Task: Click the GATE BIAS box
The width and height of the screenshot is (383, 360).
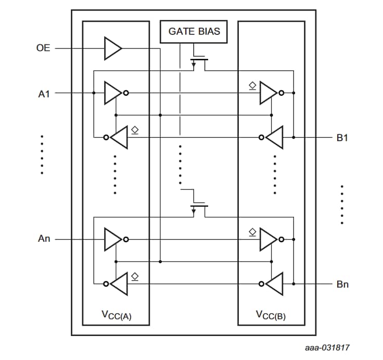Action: click(x=194, y=31)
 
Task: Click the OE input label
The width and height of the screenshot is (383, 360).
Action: click(x=43, y=48)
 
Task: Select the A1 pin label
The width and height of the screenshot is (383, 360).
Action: click(x=44, y=94)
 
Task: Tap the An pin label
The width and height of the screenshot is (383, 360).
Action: click(x=44, y=240)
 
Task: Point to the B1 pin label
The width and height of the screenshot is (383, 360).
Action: click(x=342, y=138)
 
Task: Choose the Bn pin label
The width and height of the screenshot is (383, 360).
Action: click(x=342, y=284)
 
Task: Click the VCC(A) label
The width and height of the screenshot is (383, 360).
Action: click(x=116, y=315)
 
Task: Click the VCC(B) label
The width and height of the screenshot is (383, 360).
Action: click(x=271, y=315)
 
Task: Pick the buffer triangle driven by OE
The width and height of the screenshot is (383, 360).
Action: click(x=112, y=48)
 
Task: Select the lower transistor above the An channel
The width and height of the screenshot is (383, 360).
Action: click(x=199, y=208)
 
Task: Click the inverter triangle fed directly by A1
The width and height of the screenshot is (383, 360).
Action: click(x=112, y=93)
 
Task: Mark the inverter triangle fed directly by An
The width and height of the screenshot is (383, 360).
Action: click(x=112, y=240)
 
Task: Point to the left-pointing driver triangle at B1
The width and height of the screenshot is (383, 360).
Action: click(x=274, y=138)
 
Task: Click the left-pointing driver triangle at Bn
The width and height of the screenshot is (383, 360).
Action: click(x=274, y=284)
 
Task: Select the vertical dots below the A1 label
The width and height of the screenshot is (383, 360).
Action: click(x=42, y=155)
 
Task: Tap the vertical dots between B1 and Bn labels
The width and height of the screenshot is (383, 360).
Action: click(x=342, y=204)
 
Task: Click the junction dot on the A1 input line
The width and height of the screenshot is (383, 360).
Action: click(x=94, y=93)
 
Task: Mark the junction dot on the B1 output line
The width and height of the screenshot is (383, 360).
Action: click(x=293, y=138)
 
